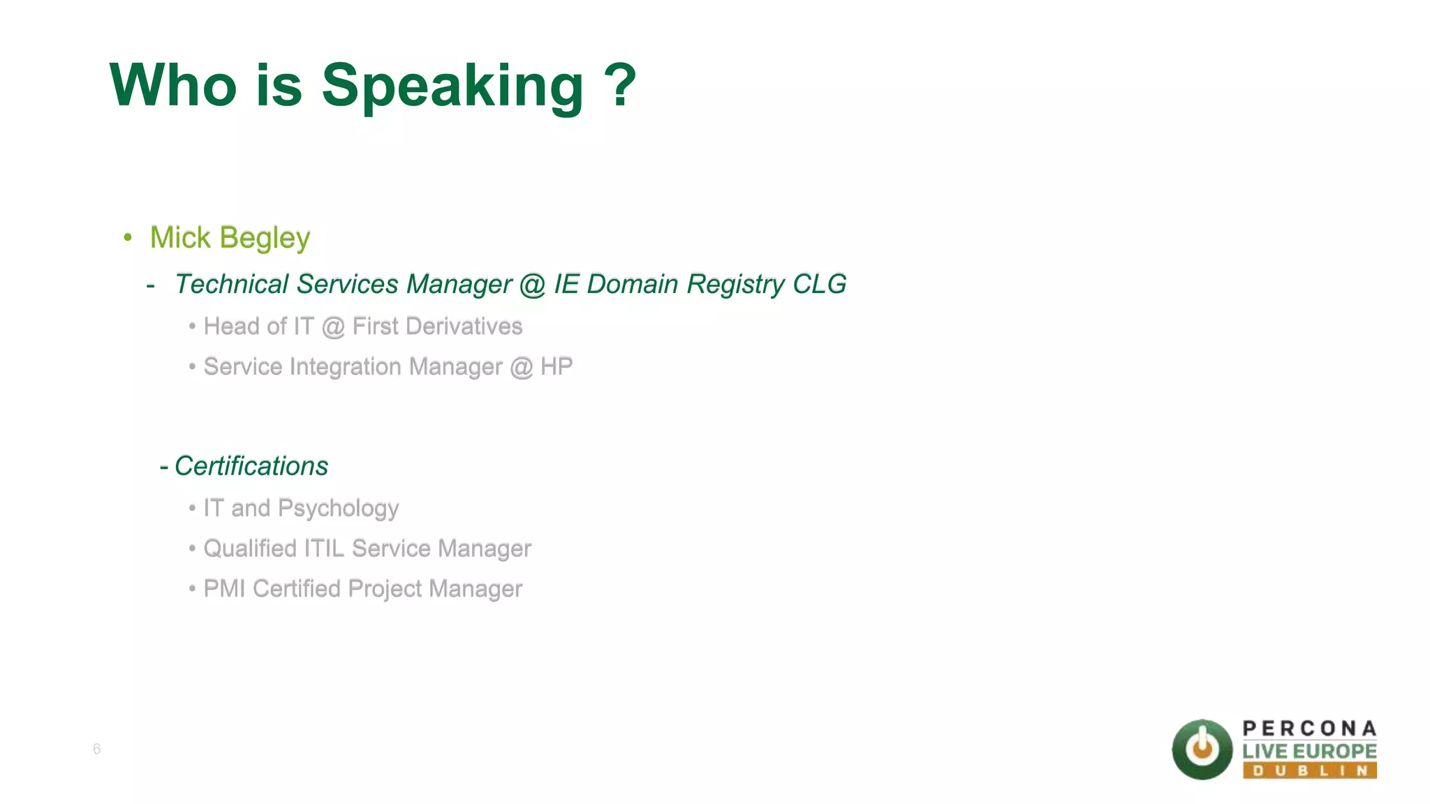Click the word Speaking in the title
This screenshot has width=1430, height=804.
452,87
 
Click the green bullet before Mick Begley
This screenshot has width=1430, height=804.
128,238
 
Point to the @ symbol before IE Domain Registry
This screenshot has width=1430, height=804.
532,285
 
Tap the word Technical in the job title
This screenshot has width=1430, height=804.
231,285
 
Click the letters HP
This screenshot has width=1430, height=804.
556,366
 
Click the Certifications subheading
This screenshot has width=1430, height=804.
251,466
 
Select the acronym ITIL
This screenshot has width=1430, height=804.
324,549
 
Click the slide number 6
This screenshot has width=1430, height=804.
96,749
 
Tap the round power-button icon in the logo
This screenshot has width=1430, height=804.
1202,750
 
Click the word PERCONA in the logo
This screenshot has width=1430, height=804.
1309,729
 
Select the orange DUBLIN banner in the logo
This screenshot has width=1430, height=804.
1309,770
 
